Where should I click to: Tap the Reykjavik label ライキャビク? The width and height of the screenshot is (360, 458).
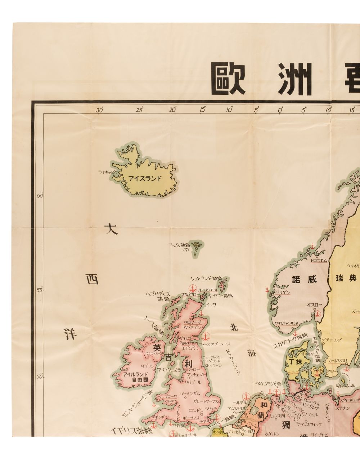(108, 172)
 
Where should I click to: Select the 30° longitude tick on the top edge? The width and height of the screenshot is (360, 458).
(100, 111)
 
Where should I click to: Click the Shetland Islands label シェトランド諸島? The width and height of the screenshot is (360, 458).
(206, 278)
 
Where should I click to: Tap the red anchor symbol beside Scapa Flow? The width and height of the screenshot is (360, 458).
(192, 289)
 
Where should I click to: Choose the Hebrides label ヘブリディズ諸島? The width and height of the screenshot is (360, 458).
(157, 296)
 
